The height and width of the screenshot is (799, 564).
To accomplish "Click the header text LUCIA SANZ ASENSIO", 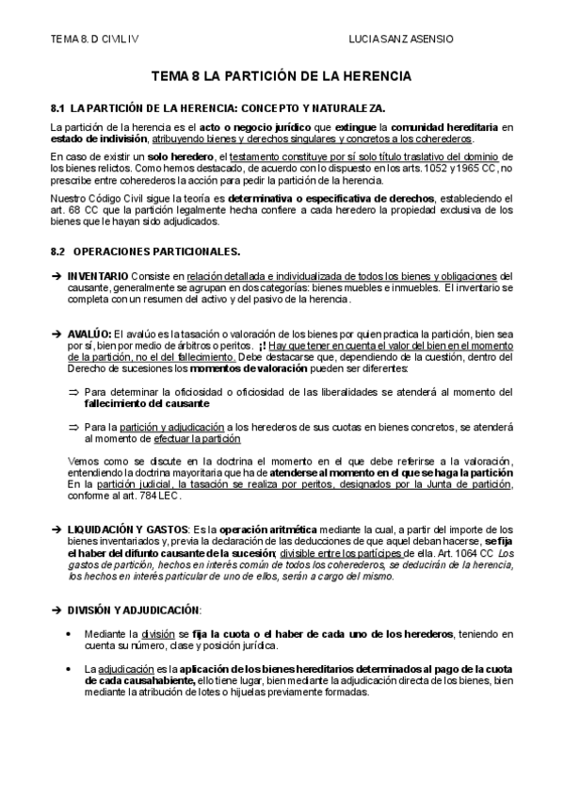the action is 400,40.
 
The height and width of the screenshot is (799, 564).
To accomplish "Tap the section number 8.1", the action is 57,108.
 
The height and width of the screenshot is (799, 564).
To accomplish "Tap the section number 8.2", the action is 57,252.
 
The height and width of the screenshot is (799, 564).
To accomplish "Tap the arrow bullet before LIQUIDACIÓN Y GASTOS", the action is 56,530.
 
